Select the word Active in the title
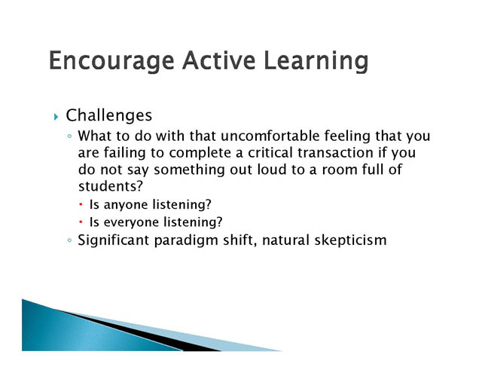(x=219, y=60)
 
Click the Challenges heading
(x=108, y=116)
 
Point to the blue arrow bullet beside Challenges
(x=56, y=117)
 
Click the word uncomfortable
(x=270, y=136)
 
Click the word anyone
(x=126, y=205)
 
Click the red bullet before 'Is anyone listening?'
(x=81, y=204)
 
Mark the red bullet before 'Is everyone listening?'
(x=81, y=222)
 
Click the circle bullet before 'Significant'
(x=69, y=240)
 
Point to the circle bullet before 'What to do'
(x=69, y=136)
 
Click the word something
(x=189, y=170)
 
